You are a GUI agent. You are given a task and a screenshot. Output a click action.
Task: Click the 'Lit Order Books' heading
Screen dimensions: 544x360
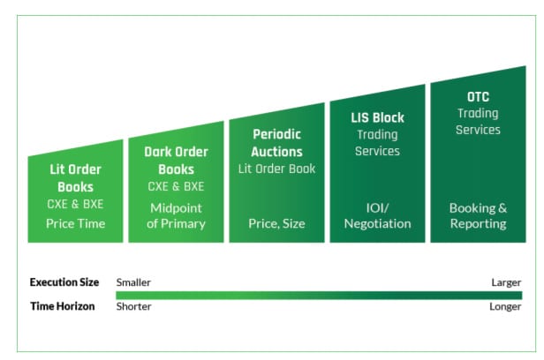76,178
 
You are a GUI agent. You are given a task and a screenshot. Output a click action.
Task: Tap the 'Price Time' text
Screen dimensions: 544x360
76,223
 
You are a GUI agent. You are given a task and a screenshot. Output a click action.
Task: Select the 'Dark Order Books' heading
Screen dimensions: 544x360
177,161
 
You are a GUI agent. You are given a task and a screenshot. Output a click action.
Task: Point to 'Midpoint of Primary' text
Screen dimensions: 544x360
177,216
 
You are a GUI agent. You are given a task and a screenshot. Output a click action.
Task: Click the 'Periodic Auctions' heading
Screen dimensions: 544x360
277,143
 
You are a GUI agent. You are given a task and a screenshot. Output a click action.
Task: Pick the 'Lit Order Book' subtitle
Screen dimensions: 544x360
277,169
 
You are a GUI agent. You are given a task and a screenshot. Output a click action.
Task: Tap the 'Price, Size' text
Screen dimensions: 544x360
277,223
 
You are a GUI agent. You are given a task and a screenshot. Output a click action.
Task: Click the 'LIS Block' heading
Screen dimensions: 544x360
377,118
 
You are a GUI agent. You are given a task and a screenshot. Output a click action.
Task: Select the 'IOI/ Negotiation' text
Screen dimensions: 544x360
377,216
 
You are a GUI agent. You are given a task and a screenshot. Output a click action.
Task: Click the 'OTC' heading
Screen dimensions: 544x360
478,97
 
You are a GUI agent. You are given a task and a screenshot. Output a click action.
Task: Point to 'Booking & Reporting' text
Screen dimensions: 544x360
478,216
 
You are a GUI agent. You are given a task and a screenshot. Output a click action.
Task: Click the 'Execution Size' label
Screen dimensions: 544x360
64,282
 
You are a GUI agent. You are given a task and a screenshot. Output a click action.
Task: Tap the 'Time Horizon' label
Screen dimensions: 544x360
63,306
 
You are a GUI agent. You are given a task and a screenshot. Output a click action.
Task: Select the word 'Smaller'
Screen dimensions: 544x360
133,282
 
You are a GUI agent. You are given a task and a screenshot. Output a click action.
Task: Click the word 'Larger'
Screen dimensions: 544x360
506,282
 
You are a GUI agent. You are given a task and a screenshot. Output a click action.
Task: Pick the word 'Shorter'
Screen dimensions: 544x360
133,306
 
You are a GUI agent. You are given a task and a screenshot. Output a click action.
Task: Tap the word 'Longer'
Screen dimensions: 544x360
505,307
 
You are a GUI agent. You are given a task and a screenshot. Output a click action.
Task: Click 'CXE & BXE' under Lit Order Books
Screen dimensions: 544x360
76,204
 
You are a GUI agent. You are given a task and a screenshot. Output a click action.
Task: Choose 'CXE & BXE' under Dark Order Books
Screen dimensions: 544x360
177,186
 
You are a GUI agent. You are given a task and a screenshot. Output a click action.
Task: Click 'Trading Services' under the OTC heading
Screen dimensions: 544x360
478,122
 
